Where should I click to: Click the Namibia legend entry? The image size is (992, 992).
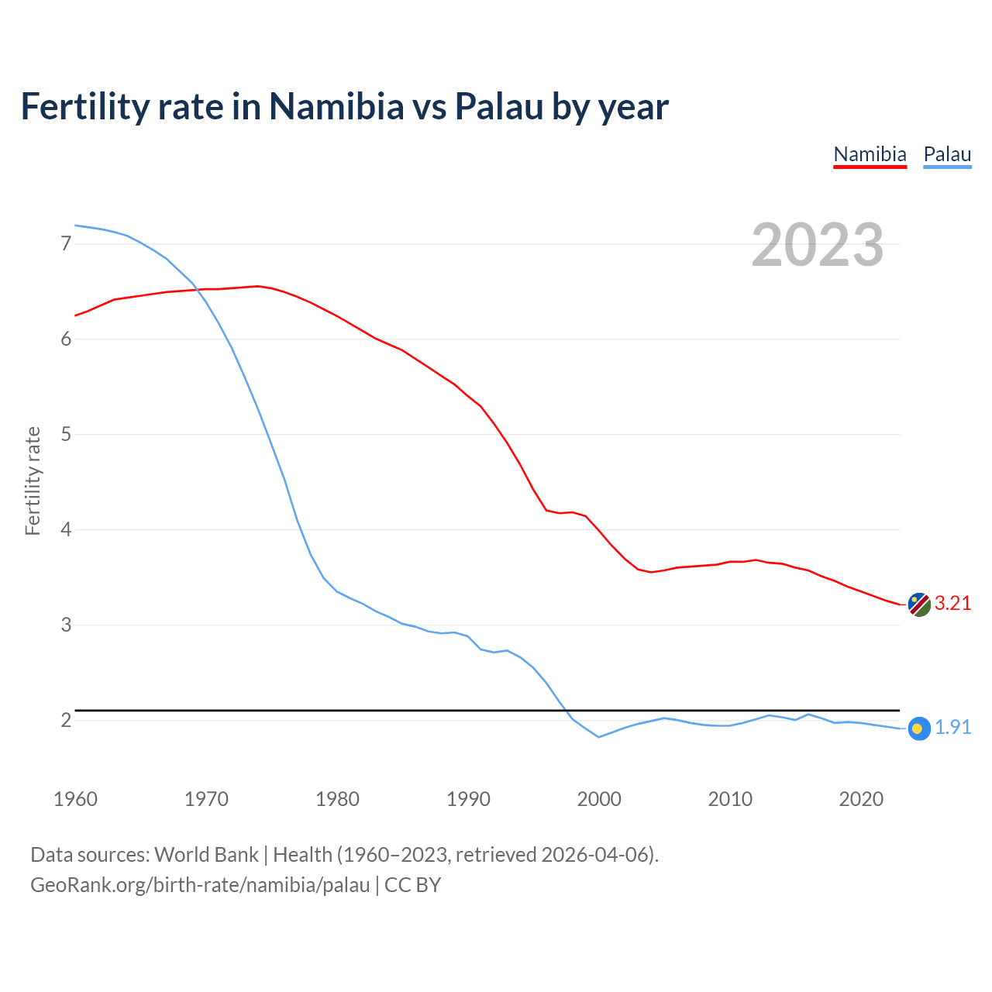tap(870, 154)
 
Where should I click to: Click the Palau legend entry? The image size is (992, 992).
tap(947, 154)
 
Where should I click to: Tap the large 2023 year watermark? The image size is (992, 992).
tap(818, 245)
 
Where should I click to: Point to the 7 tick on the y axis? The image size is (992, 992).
tap(66, 244)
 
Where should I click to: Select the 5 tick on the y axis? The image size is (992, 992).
tap(66, 435)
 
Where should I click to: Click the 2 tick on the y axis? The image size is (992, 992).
tap(66, 721)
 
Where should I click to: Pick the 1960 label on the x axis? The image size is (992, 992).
tap(75, 799)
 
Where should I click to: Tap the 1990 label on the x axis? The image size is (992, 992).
tap(468, 799)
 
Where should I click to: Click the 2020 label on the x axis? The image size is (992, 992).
tap(861, 799)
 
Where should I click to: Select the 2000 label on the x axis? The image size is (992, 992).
tap(599, 799)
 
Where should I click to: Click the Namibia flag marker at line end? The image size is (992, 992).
tap(919, 604)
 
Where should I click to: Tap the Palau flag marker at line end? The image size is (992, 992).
tap(918, 728)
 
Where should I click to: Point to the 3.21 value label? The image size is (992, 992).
tap(952, 604)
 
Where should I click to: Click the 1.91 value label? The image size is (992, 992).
tap(952, 728)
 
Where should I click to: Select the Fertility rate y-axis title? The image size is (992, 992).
tap(33, 480)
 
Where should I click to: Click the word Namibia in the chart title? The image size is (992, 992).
tap(336, 106)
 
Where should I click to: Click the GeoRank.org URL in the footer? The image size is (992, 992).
tap(200, 885)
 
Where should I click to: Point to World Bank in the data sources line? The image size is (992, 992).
tap(206, 855)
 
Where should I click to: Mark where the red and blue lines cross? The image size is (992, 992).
tap(197, 289)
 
